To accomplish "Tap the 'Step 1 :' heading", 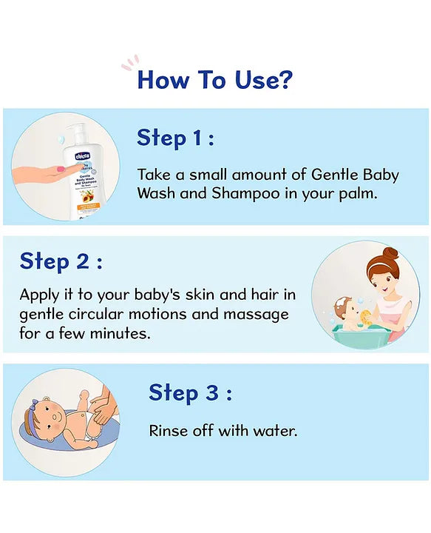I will (x=175, y=138).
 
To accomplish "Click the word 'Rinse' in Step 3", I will (x=168, y=430).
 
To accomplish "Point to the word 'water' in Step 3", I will (x=274, y=430).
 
